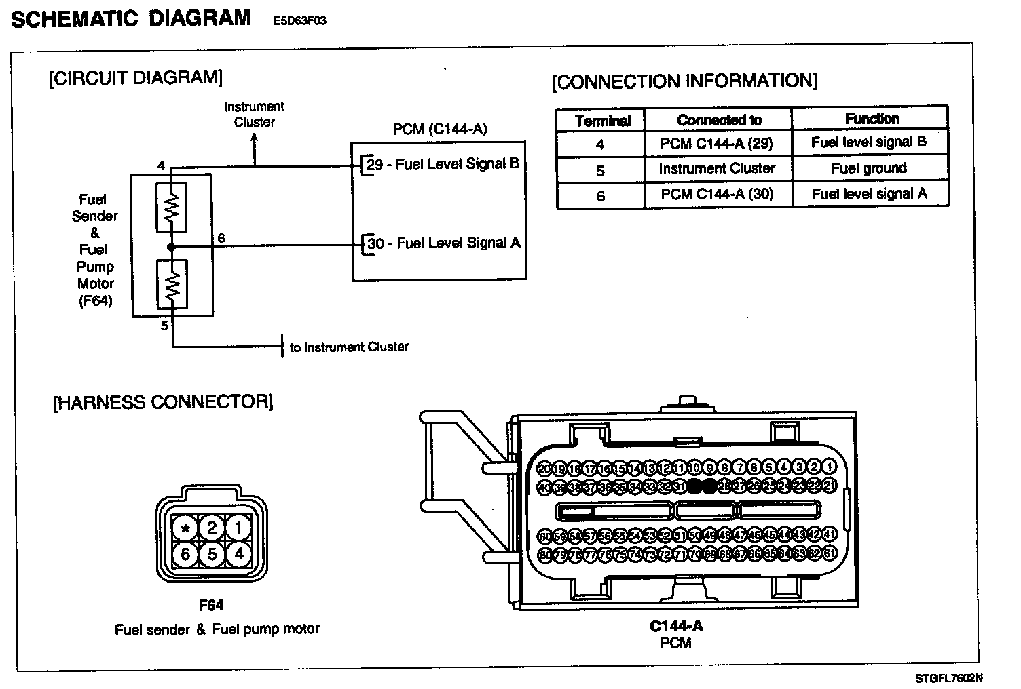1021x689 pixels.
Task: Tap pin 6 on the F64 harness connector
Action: [185, 555]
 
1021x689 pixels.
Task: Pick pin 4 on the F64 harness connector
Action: [238, 555]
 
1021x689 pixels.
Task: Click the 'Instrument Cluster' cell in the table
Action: [717, 169]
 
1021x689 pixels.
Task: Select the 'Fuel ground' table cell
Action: [869, 169]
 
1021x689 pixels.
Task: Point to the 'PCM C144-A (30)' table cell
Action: [717, 195]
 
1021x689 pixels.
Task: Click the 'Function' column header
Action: [872, 119]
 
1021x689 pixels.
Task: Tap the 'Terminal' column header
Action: [602, 121]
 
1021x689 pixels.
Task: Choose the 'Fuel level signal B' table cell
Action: [869, 142]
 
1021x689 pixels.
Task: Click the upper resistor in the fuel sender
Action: [172, 208]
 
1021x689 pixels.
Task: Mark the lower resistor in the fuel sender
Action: [172, 284]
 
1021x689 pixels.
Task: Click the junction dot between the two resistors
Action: [172, 248]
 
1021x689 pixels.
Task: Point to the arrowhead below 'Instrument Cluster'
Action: [255, 138]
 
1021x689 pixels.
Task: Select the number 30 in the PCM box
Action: [375, 243]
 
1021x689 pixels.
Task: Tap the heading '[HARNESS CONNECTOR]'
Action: [163, 402]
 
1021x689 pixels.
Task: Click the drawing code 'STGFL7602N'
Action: [948, 678]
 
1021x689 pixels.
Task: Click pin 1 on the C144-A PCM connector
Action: [829, 467]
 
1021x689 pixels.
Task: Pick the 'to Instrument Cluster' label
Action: [349, 347]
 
